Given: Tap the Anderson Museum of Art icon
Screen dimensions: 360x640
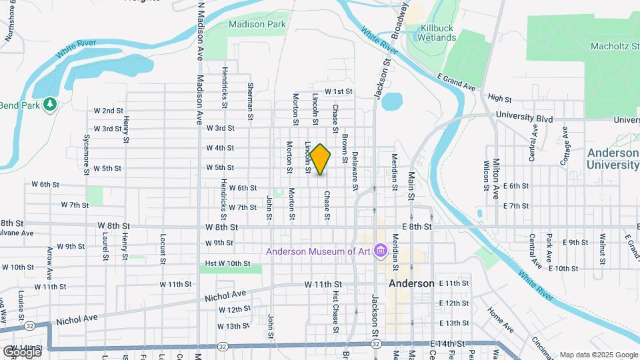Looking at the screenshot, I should (x=381, y=251).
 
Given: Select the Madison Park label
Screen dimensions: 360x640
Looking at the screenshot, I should (x=257, y=24).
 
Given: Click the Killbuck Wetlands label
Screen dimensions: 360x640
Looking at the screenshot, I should (x=437, y=33).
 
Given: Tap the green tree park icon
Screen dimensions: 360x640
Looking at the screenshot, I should (x=49, y=105).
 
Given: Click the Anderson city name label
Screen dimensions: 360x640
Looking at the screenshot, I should (x=411, y=283).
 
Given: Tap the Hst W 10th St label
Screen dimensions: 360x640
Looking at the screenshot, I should (x=228, y=263).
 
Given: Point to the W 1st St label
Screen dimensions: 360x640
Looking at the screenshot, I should (x=338, y=91).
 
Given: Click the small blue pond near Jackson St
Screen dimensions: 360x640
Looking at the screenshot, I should (x=391, y=101).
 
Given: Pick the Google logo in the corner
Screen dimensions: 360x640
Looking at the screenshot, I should (x=21, y=351).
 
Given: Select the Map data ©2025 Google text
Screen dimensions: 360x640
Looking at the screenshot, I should (x=598, y=355).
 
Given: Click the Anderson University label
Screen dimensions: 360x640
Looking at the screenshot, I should (x=613, y=159).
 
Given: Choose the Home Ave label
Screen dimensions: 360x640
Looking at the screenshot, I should (x=501, y=319).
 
